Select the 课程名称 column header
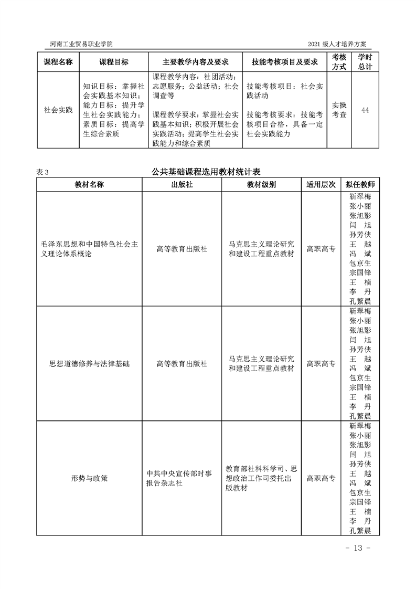point(58,62)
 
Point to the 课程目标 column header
point(114,62)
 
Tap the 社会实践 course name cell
point(58,110)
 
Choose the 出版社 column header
point(182,185)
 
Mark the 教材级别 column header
point(262,185)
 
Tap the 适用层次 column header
point(321,185)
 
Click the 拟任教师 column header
point(360,185)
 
